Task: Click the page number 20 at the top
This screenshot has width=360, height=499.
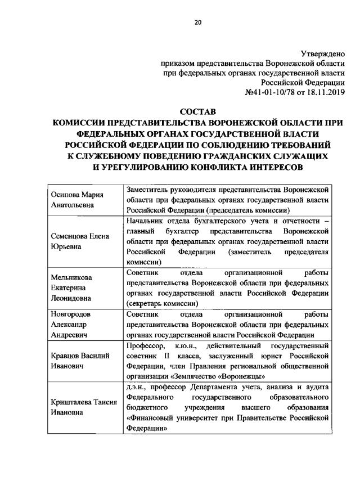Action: (x=197, y=23)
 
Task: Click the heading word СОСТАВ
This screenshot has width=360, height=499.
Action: (x=197, y=114)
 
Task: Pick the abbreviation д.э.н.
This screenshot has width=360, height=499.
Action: (x=136, y=387)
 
